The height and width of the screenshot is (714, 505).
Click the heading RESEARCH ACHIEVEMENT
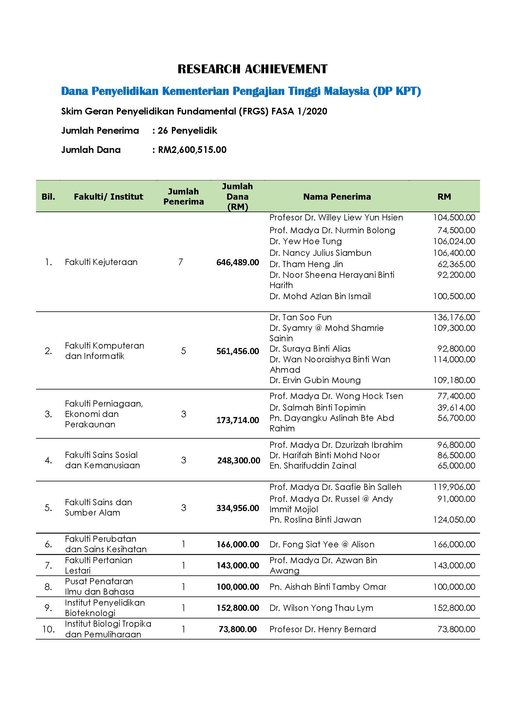[252, 69]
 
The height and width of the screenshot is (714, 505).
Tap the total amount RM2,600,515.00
[192, 150]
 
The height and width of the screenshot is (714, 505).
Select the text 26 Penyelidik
[187, 131]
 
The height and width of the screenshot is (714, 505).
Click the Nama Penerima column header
[337, 197]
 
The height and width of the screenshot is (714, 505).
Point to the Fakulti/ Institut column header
[108, 197]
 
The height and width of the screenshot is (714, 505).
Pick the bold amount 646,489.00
[238, 263]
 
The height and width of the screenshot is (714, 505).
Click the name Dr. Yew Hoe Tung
[305, 241]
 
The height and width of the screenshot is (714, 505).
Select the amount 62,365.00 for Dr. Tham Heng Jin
[456, 264]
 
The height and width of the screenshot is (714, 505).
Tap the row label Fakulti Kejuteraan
[101, 262]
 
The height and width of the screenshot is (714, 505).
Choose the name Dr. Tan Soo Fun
[300, 317]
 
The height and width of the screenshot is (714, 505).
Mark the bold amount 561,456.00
[238, 351]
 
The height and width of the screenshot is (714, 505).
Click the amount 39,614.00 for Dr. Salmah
[456, 408]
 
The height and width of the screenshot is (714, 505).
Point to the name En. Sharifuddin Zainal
[313, 466]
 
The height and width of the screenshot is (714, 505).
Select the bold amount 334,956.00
[238, 508]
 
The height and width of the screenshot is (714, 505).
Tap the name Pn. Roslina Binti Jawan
[315, 520]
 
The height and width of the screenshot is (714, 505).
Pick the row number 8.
[48, 587]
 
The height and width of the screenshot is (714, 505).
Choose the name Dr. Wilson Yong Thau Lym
[321, 608]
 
